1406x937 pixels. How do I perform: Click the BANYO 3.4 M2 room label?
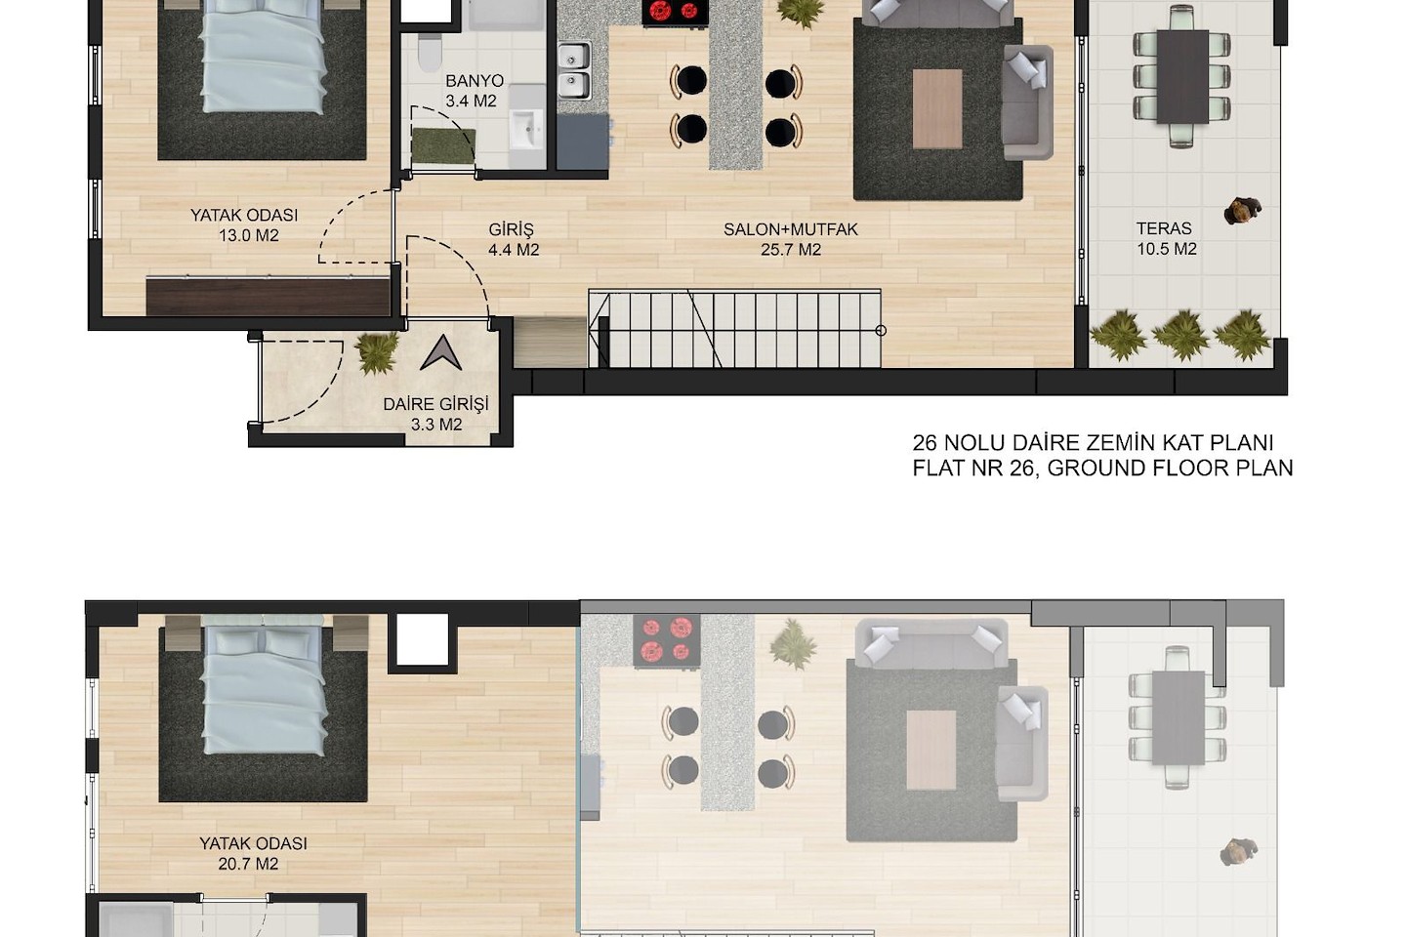474,91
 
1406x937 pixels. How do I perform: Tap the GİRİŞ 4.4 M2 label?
513,239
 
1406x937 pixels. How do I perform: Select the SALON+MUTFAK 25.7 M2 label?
790,239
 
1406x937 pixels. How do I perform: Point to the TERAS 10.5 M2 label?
1166,238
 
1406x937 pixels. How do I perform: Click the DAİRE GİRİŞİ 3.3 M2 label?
436,414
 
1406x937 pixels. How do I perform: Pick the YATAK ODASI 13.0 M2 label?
245,224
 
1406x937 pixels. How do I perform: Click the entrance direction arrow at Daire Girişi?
441,352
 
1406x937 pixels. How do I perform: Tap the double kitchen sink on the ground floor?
574,70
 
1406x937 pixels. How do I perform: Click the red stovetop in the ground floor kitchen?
675,12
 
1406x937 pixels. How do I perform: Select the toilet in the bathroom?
430,52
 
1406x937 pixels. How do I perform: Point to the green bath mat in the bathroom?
443,145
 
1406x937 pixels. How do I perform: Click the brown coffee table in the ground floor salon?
937,109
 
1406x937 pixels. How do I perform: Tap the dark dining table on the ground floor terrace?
1182,76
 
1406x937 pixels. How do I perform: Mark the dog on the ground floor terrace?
1242,210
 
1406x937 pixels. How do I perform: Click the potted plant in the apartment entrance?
377,352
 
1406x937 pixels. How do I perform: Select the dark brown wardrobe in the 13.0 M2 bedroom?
269,297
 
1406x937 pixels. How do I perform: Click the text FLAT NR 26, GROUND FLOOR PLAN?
1102,468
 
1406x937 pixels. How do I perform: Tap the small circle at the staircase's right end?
881,331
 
